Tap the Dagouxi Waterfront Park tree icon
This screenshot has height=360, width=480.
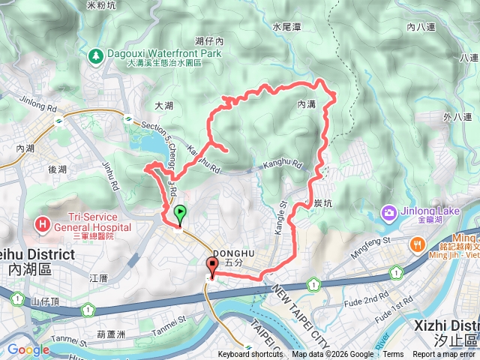[x=96, y=55]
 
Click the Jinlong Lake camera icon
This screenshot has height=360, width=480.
[x=389, y=212]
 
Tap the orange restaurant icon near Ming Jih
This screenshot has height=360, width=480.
[x=417, y=244]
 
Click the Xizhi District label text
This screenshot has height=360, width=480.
[x=446, y=325]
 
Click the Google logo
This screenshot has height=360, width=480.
[x=28, y=349]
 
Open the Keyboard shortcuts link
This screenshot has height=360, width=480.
[x=250, y=355]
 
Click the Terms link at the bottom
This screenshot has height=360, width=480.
[x=392, y=355]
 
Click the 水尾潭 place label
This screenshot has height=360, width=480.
[x=286, y=26]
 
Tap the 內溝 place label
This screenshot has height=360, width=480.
[x=306, y=104]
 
